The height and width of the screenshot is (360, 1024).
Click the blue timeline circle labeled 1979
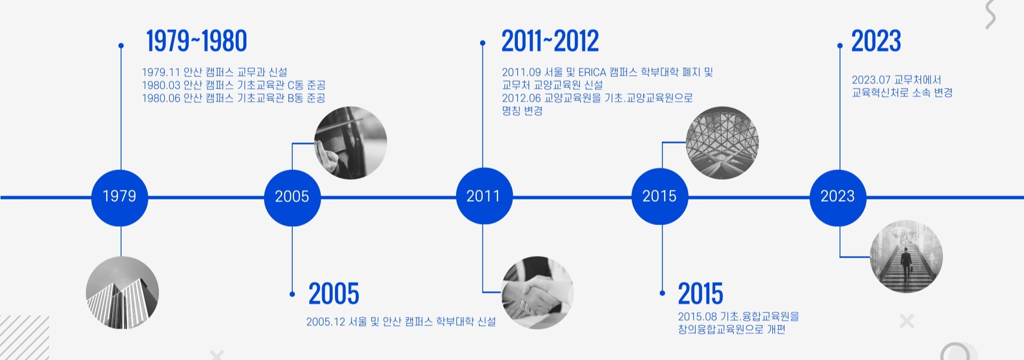point(119,197)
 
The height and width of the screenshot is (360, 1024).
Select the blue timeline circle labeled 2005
point(292,197)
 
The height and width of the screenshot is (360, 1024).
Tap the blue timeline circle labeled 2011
point(484,196)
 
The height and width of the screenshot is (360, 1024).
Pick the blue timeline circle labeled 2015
point(660,196)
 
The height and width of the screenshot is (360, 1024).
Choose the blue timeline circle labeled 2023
point(838,197)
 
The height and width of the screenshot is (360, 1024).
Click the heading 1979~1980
point(196,41)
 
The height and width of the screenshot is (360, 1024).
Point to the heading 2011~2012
point(550,41)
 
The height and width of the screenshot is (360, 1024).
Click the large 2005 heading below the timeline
point(334,294)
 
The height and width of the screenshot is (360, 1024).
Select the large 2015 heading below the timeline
point(700,294)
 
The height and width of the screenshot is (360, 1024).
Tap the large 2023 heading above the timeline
point(876,41)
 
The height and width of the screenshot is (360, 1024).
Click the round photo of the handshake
point(537,292)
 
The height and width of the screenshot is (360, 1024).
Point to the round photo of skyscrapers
point(122,292)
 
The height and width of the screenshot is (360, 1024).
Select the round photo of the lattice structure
point(722,143)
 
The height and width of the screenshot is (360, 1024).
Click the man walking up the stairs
point(906,262)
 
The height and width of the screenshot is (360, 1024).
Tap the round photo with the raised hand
point(350,143)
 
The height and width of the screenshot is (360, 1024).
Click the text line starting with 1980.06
point(234,98)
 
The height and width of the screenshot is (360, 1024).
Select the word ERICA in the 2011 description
point(592,72)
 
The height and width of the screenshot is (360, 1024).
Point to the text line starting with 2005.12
point(401,322)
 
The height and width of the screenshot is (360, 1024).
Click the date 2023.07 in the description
point(871,80)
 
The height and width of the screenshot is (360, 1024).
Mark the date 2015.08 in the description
point(697,317)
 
